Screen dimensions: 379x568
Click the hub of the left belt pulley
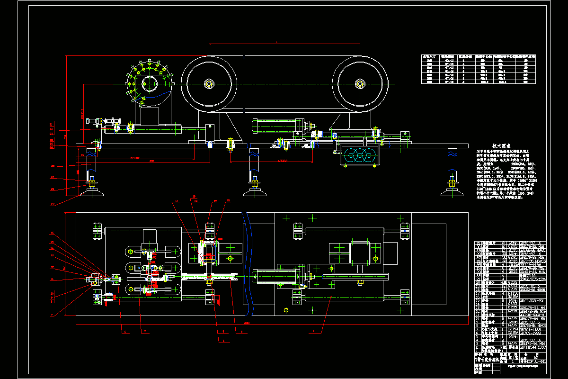click(209, 84)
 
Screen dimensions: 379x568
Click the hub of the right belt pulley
click(360, 84)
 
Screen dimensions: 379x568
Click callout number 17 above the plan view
click(177, 201)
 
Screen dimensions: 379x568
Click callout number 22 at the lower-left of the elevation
click(53, 189)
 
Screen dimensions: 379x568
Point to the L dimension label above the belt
click(276, 42)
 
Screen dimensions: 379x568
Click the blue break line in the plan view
click(247, 265)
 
